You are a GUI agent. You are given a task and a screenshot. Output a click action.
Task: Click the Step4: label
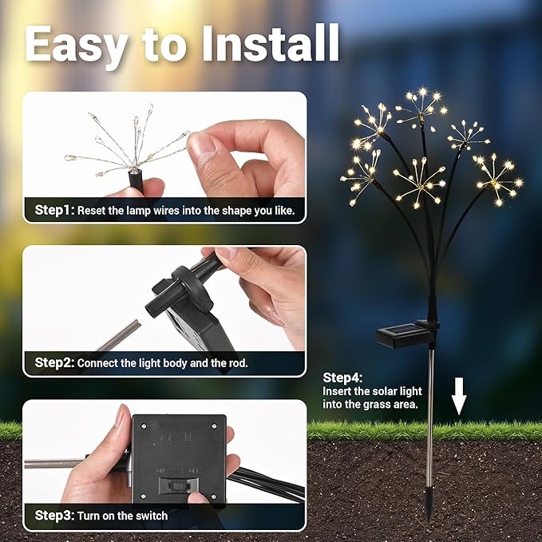tap(342, 378)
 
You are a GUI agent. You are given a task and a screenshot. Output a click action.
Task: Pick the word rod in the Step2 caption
tap(235, 362)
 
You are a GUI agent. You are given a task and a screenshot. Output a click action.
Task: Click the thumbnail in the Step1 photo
tap(201, 145)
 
